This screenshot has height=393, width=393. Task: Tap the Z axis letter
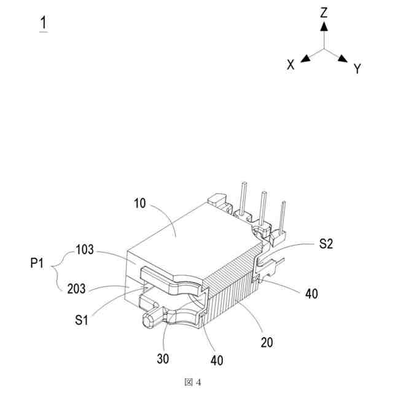click(x=324, y=12)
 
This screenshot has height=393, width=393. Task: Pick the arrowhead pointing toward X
click(x=304, y=59)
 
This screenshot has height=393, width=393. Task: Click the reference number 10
click(x=140, y=203)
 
